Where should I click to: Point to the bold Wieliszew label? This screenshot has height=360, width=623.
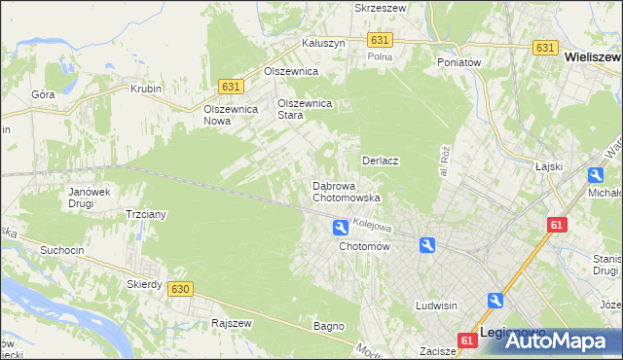pos(593,58)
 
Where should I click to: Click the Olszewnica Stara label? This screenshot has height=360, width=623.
pos(305,108)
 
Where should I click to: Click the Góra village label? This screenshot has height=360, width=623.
pos(43,94)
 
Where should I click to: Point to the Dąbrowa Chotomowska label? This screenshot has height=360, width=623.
pos(346,191)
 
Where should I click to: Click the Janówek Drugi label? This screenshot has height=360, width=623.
pos(87,198)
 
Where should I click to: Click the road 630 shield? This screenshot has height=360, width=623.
pos(179,289)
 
